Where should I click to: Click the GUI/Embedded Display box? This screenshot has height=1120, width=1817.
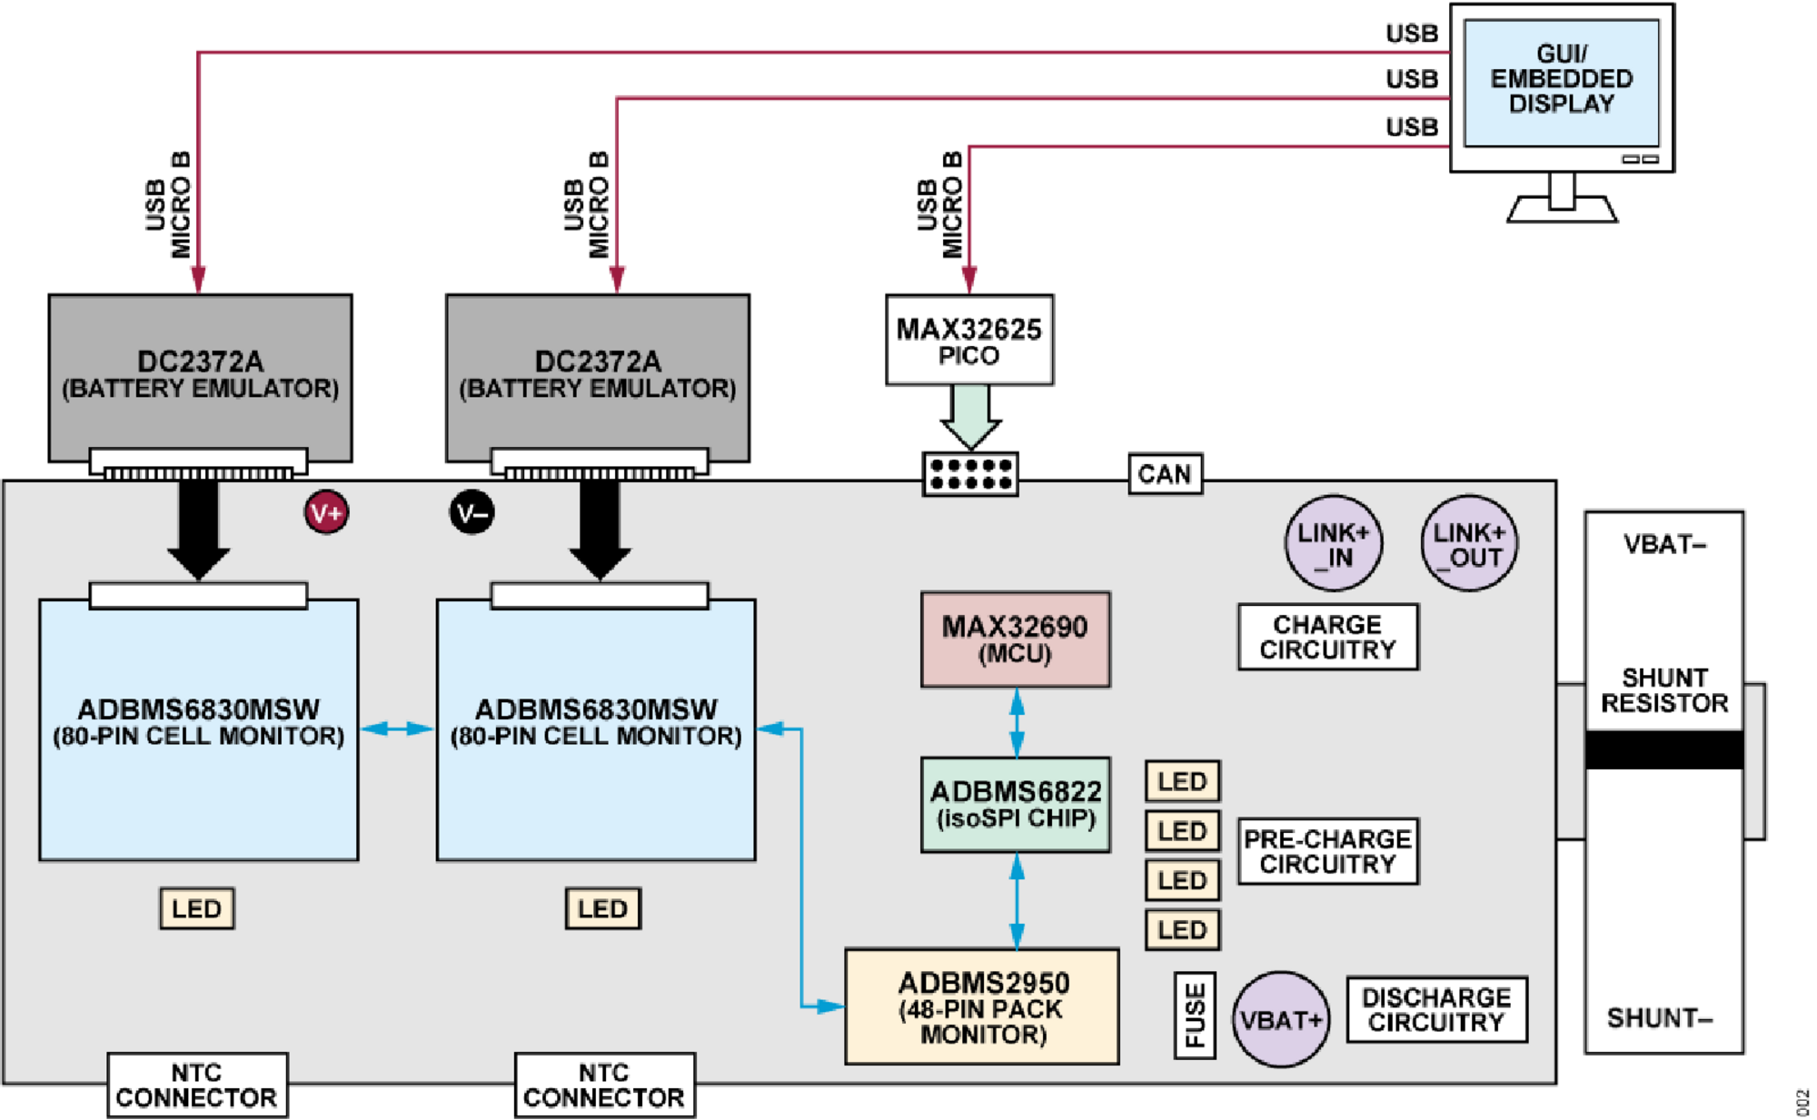coord(1561,82)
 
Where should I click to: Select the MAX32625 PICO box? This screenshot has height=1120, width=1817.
coord(968,341)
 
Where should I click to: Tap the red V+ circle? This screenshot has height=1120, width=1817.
coord(326,513)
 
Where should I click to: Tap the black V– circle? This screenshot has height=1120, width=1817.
coord(472,513)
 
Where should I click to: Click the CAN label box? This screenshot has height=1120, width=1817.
coord(1165,474)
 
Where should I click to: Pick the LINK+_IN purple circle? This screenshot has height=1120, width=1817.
coord(1333,543)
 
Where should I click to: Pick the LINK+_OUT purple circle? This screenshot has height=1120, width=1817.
coord(1469,543)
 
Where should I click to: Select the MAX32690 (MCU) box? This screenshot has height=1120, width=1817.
coord(1015,639)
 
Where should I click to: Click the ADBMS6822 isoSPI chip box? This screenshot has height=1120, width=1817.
coord(1015,805)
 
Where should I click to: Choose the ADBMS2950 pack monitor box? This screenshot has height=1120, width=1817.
coord(981,1006)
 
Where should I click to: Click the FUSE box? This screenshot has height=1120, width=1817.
coord(1195,1015)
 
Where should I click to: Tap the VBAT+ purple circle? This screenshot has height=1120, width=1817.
coord(1281,1019)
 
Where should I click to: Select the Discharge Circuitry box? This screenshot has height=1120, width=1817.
coord(1436,1009)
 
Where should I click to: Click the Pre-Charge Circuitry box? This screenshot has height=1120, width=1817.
coord(1327,851)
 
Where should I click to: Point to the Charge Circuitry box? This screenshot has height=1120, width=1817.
coord(1327,637)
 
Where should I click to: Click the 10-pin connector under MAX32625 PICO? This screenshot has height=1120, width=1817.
coord(970,474)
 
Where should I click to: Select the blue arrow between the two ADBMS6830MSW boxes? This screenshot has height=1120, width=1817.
coord(397,728)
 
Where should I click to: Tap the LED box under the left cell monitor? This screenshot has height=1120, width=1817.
coord(196,908)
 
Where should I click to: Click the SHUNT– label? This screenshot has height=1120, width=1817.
coord(1659,1017)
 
